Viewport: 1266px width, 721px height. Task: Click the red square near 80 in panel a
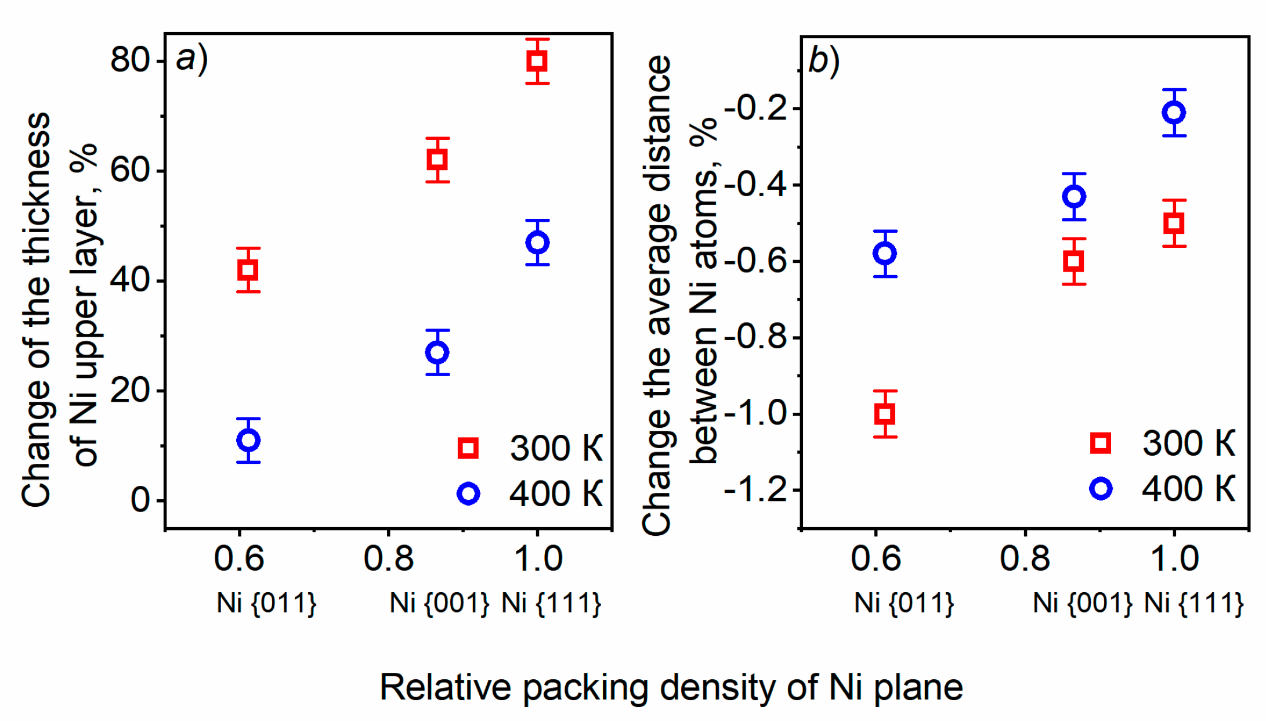[537, 61]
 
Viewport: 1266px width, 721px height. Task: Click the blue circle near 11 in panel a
[248, 440]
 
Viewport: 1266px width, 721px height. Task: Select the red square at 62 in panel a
[437, 160]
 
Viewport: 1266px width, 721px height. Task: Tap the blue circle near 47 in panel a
[537, 243]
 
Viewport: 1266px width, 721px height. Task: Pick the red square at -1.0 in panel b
[885, 414]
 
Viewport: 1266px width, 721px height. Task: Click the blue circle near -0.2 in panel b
[1174, 113]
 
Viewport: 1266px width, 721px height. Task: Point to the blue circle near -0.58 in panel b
[885, 254]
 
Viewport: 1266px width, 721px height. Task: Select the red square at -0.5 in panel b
[1174, 223]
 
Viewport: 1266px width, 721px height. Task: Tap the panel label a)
[192, 60]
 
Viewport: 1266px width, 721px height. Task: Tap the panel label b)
[824, 61]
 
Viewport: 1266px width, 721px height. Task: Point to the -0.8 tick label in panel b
[756, 337]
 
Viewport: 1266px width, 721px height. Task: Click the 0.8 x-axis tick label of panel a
[388, 559]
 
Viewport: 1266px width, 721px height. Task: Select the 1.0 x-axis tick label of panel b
[1174, 559]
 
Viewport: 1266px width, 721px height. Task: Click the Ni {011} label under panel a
[266, 603]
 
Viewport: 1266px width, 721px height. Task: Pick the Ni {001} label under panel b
[1082, 603]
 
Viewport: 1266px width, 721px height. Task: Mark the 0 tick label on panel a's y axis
[140, 500]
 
